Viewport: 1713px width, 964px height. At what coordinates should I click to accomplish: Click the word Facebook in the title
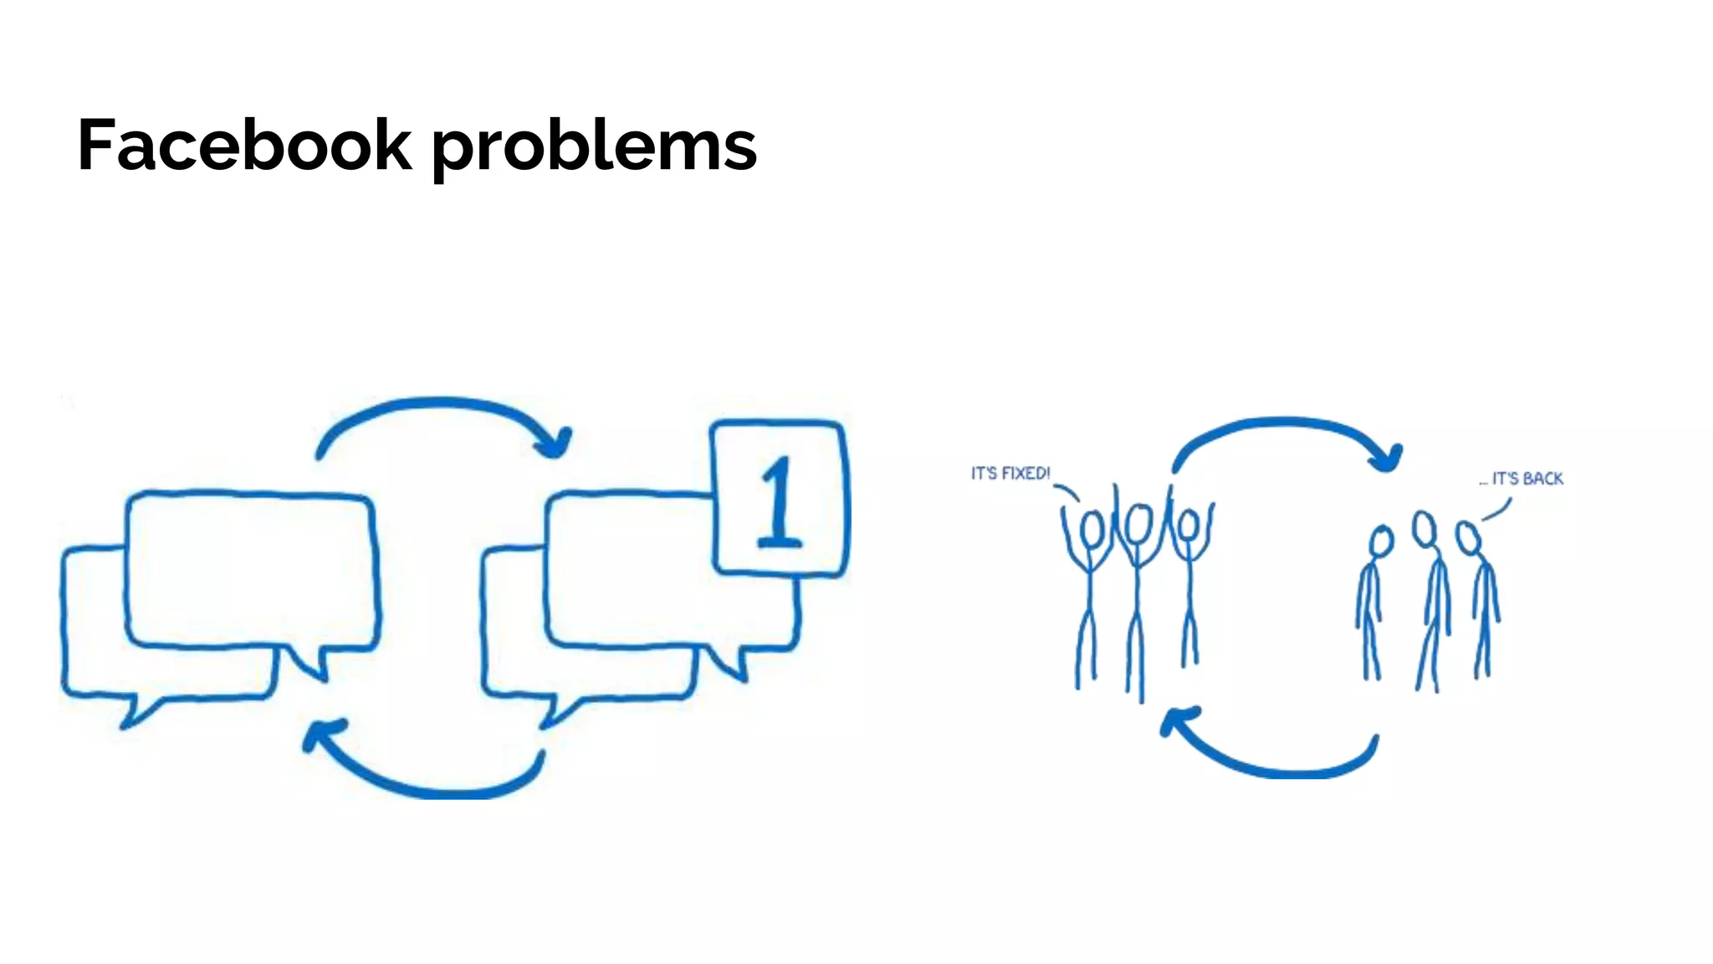244,146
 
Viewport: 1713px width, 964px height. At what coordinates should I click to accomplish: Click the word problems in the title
594,147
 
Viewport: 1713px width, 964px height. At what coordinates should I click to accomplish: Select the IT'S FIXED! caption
1010,474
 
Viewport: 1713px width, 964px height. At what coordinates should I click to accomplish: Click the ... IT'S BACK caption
1521,479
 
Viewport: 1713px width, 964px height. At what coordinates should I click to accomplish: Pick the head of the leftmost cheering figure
1092,529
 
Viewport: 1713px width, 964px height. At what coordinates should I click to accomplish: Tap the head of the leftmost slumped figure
1381,541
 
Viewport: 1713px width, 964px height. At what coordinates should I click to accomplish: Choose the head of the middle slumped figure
1424,529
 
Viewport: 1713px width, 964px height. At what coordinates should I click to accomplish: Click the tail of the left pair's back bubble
134,711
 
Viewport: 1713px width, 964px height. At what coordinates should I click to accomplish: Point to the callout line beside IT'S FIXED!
1067,492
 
